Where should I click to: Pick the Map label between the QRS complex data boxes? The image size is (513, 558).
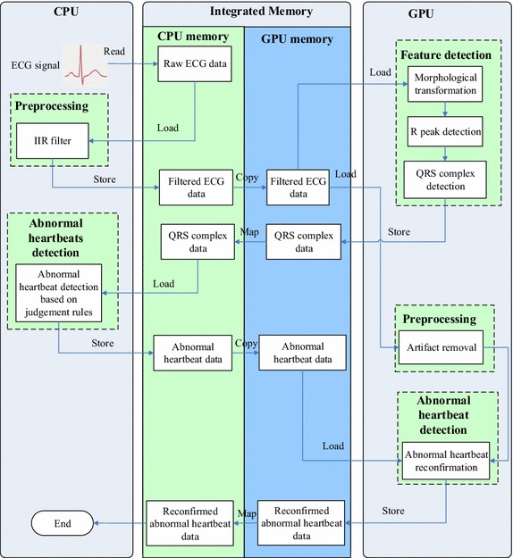pyautogui.click(x=248, y=233)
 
